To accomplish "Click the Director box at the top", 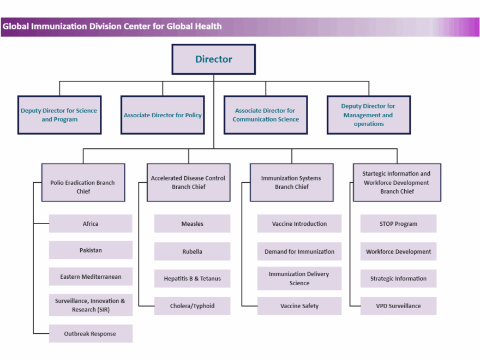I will [214, 59].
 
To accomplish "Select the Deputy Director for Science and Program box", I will [59, 115].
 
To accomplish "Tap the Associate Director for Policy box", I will [163, 115].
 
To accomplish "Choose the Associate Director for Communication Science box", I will [266, 115].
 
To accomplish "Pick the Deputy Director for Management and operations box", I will [369, 115].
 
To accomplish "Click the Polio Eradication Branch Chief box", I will [83, 183].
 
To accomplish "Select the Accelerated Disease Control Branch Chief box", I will [188, 183].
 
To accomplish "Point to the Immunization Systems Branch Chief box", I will [291, 183].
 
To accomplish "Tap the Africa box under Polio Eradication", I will [91, 224].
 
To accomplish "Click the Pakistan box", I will [91, 250].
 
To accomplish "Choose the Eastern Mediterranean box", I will [91, 277].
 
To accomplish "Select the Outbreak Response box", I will [91, 334].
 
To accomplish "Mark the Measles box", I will [192, 224].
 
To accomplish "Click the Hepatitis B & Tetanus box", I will [192, 279].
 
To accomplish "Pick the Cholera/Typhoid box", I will [192, 306].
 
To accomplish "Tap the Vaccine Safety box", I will [299, 306].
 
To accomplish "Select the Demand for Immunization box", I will [299, 251].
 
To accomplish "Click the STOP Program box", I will [398, 224].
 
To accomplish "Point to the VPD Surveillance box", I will [398, 306].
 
